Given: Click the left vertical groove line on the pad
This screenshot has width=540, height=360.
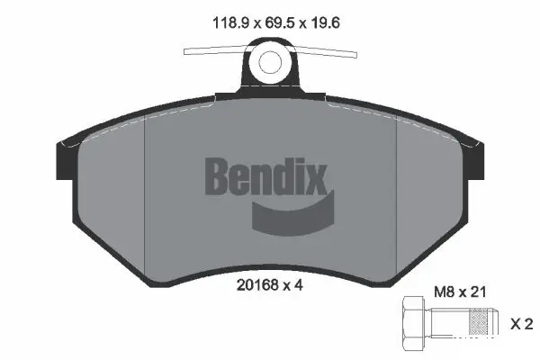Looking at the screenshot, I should tap(146, 189).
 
